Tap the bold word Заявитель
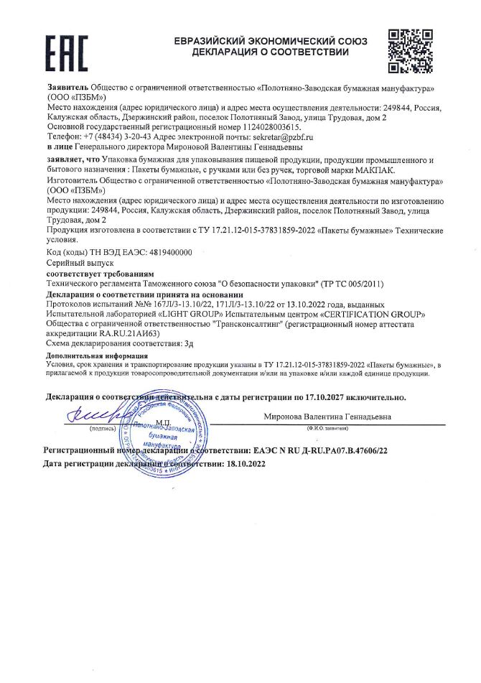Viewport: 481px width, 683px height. [x=67, y=87]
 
